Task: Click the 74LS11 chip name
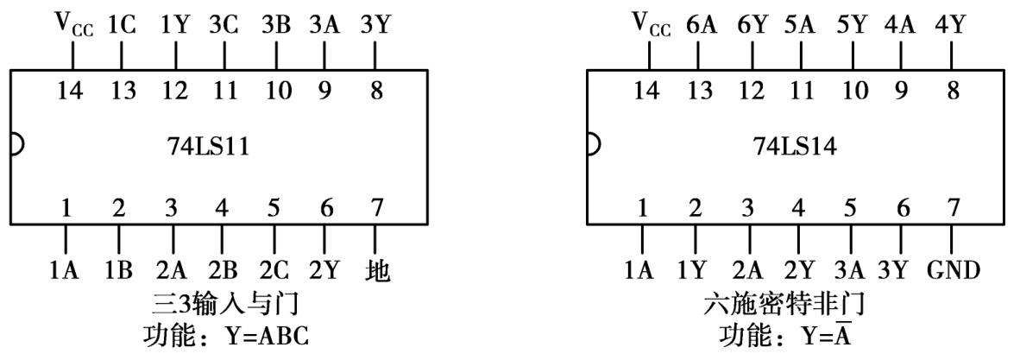[207, 146]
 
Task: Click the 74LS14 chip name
[784, 146]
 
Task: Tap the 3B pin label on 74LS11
[275, 26]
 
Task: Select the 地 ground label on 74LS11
[377, 272]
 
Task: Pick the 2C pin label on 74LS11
[274, 272]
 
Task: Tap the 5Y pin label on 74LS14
[853, 26]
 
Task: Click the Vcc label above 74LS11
[72, 26]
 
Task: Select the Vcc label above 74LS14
[649, 26]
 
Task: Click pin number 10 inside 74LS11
[275, 89]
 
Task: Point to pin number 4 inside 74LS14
[798, 208]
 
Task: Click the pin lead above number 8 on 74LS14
[952, 55]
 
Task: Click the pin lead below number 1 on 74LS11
[66, 240]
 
